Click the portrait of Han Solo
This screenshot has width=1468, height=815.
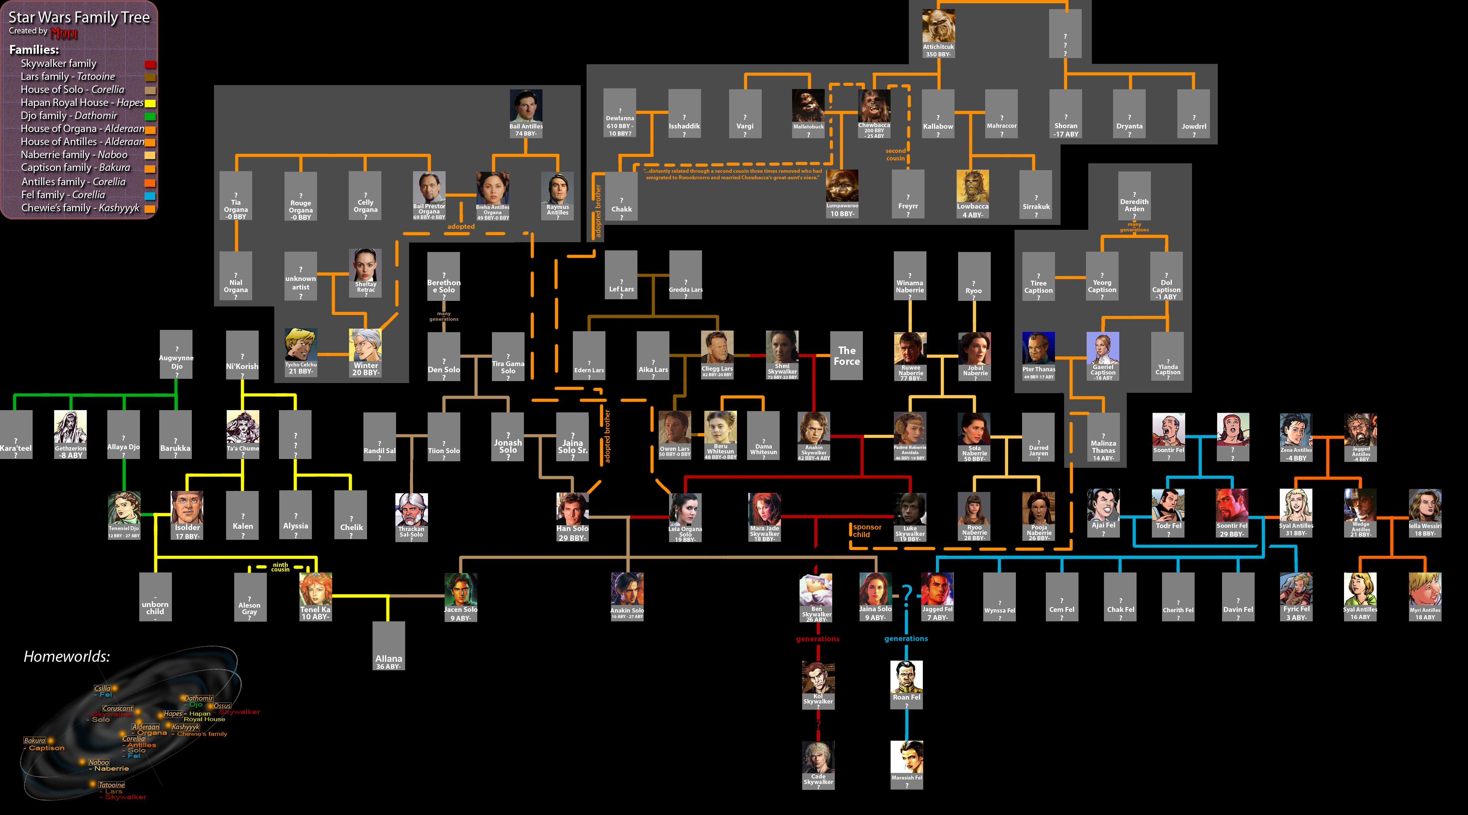point(572,509)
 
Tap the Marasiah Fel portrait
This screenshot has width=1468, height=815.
point(906,758)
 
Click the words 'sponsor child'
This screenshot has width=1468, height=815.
point(866,531)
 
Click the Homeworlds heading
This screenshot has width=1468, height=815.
point(67,657)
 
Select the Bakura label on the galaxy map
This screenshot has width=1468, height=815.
point(34,740)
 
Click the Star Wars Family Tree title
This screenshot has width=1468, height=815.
point(79,18)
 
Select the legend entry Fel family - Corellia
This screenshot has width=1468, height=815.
point(63,195)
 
